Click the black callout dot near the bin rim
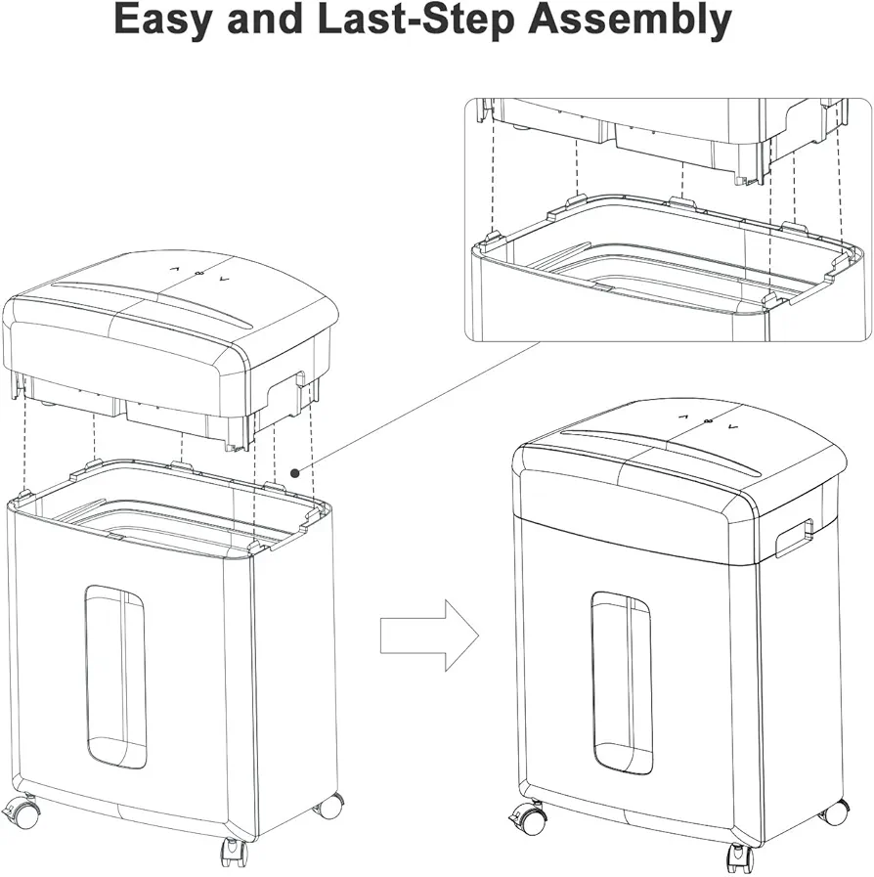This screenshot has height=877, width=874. pos(294,472)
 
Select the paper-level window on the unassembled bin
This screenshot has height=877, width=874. pos(115,677)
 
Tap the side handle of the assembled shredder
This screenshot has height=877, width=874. pos(794,538)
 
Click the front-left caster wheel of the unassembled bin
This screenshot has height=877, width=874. pos(21,810)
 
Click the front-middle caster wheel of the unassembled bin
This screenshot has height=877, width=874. pos(235,852)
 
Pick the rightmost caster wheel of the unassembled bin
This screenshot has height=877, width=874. pos(329,806)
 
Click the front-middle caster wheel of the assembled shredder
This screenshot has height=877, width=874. pos(740,858)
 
